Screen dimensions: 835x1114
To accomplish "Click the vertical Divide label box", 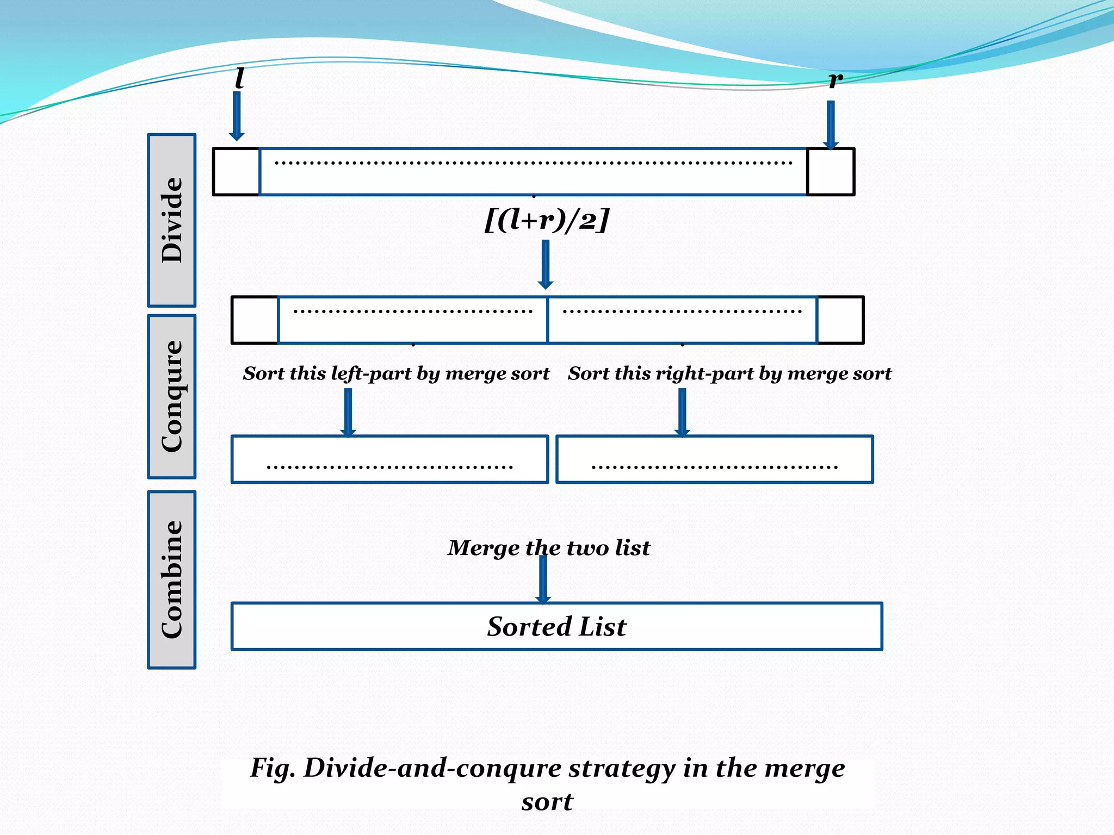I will tap(171, 220).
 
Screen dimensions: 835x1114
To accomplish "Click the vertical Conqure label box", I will tap(171, 396).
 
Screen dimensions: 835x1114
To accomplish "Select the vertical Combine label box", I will tap(171, 579).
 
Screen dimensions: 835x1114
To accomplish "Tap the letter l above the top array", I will tap(239, 78).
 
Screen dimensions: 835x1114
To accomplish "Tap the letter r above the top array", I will tap(835, 79).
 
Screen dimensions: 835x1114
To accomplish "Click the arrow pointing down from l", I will tap(237, 115).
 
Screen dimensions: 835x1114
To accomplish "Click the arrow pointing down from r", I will tap(831, 124).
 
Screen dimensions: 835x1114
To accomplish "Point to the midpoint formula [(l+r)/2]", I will tap(547, 220).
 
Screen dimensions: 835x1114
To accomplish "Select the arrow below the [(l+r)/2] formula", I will tap(546, 264).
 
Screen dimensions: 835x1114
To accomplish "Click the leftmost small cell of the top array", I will tap(236, 172).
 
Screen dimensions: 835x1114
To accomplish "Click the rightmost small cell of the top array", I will tap(831, 172).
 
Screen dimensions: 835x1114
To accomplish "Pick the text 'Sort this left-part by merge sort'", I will tap(396, 373).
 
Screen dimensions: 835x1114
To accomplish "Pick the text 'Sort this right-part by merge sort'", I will tap(729, 373).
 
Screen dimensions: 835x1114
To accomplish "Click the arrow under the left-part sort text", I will tap(348, 412).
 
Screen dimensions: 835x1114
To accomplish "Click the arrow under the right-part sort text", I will tap(682, 412).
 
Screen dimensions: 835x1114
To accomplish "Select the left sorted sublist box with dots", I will tap(389, 459).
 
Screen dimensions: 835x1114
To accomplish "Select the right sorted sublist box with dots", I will tap(714, 459).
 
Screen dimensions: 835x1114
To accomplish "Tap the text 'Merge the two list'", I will tap(548, 547).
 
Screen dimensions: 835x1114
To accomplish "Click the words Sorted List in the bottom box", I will tap(556, 626).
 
